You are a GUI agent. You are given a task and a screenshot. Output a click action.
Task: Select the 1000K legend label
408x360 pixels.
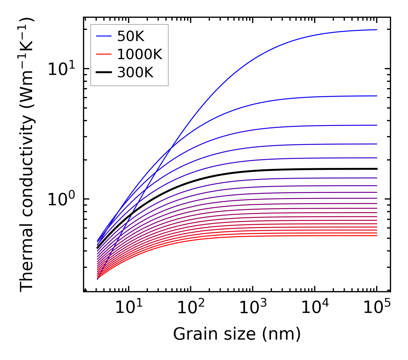tap(140, 54)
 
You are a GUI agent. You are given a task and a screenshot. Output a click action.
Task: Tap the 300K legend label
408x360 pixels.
tap(135, 73)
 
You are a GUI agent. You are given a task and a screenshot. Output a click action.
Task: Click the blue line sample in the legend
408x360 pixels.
tap(103, 36)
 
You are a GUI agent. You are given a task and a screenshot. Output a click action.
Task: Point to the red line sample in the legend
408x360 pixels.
tap(103, 54)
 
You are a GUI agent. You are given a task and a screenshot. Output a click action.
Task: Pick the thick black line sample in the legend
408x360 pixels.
tap(103, 73)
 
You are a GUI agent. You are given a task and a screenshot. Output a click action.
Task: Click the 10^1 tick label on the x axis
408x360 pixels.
tap(129, 308)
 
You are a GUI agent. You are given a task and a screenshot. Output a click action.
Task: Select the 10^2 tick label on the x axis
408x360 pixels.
tap(191, 308)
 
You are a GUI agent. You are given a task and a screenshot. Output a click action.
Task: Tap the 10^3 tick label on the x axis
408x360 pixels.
tap(253, 308)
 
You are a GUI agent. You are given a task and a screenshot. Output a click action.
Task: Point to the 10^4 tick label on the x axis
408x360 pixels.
tap(315, 308)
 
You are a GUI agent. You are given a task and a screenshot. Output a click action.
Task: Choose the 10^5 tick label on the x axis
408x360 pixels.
tap(377, 308)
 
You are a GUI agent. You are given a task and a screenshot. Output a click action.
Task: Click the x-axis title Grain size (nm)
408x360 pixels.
tap(237, 334)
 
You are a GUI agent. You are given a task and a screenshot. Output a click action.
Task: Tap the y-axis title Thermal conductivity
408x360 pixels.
tap(27, 155)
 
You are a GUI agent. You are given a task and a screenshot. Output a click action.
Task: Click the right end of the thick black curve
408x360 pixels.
tap(376, 169)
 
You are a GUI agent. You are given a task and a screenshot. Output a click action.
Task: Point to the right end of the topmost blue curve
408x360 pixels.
tap(376, 30)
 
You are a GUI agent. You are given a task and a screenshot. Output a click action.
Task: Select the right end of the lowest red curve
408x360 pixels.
tap(376, 236)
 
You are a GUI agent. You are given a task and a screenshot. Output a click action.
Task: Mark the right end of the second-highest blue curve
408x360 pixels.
tap(376, 96)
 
